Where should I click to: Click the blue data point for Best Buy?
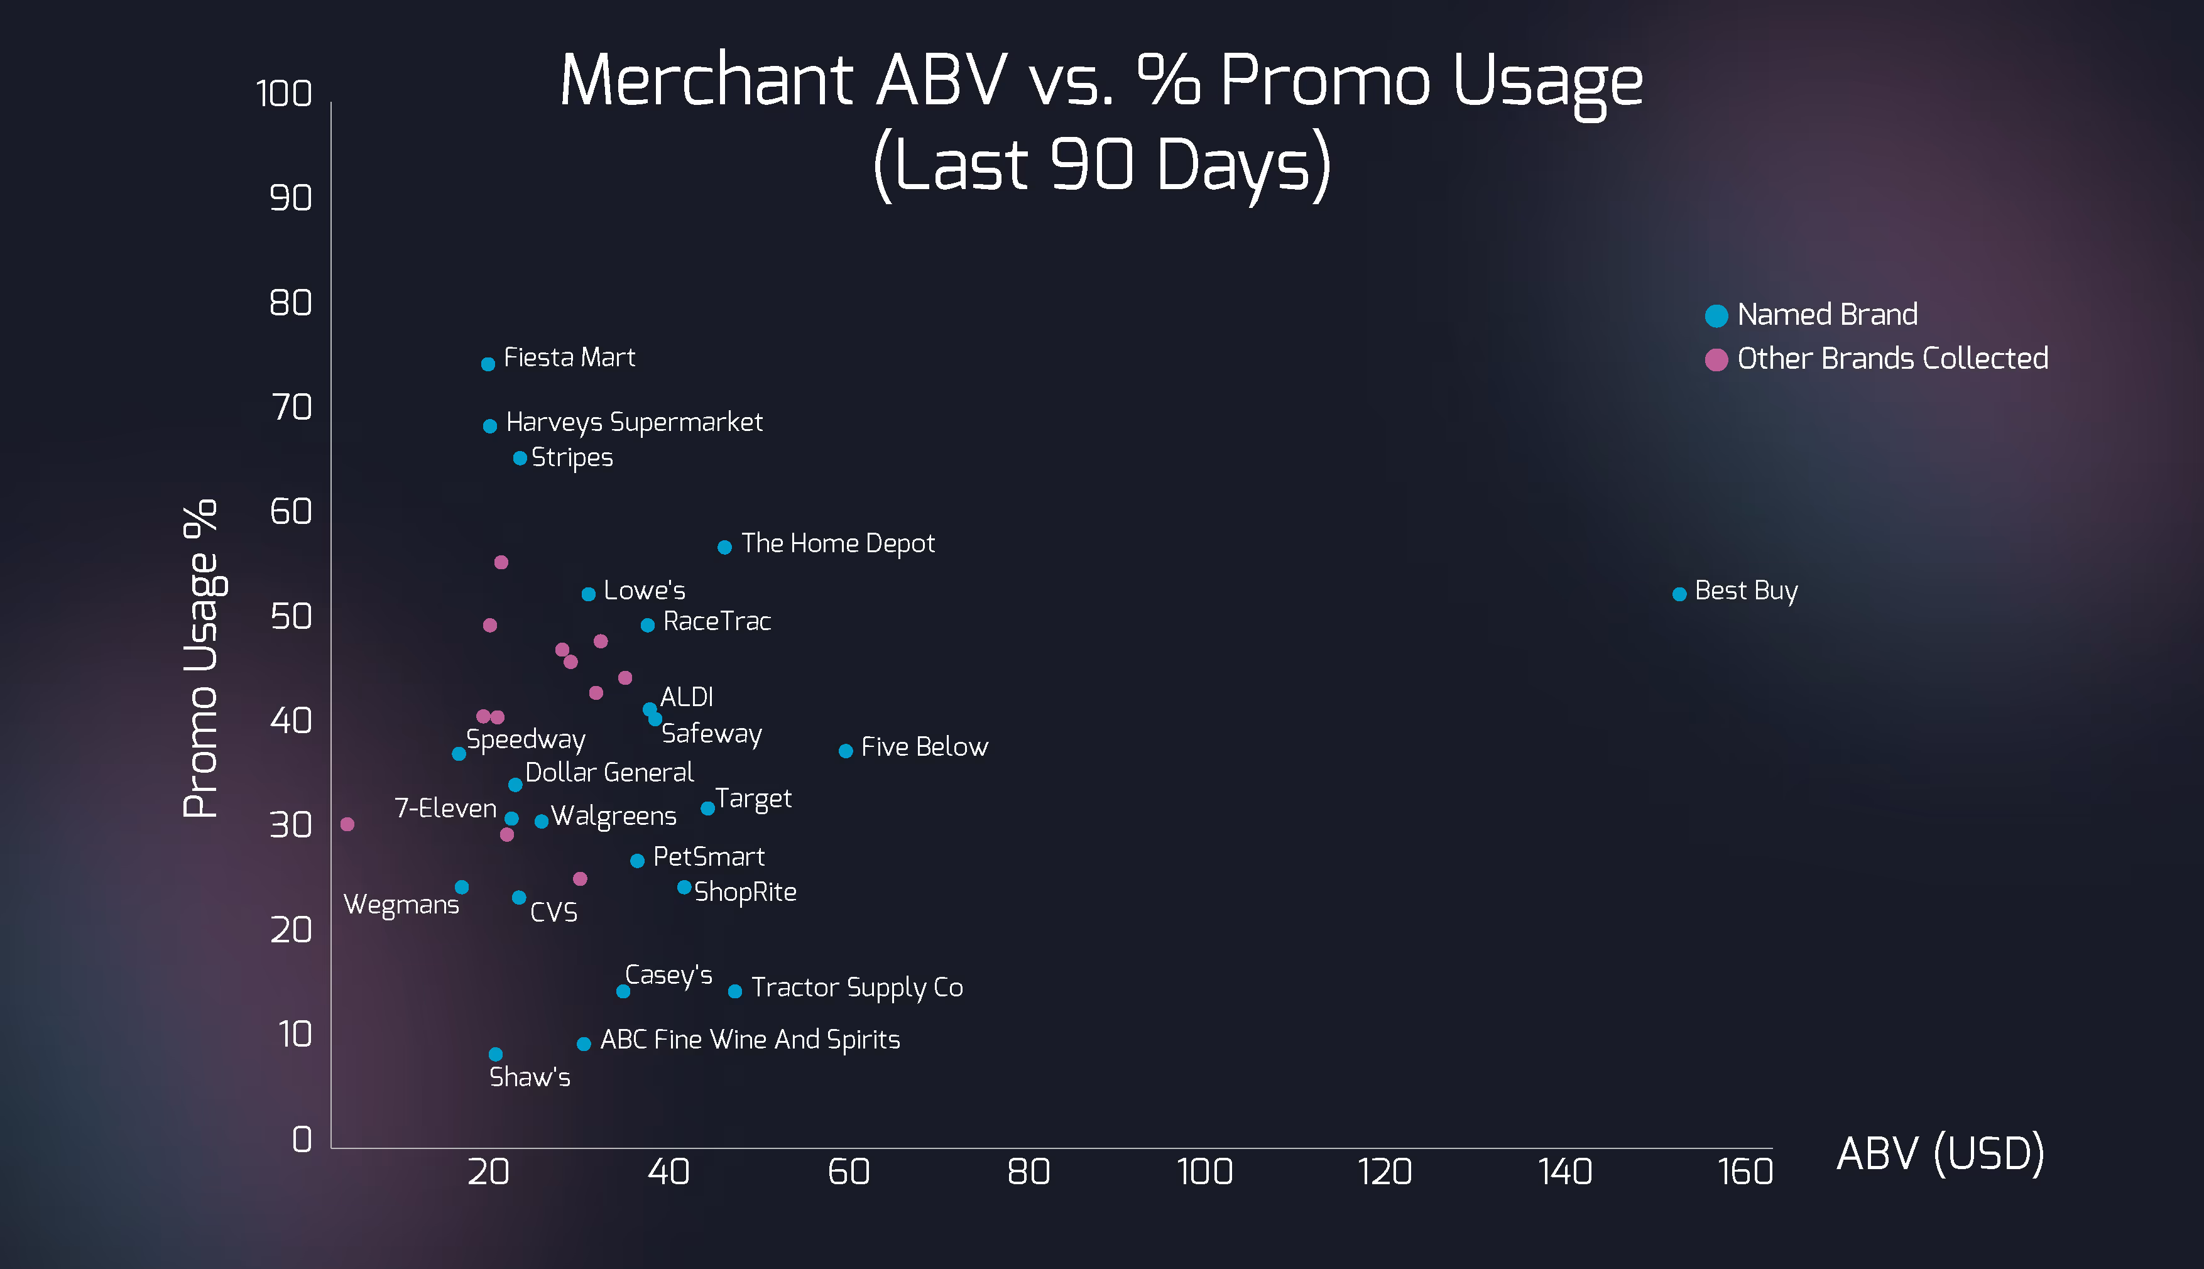[1679, 594]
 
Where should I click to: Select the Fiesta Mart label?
[569, 357]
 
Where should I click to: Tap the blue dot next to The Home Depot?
[724, 547]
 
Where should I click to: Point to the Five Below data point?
[845, 751]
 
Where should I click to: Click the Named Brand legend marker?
[1716, 315]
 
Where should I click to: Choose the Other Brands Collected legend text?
[1892, 358]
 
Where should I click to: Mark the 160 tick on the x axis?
[1745, 1172]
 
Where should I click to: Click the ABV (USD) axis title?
[1940, 1154]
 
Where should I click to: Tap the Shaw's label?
[530, 1077]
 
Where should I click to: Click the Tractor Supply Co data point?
[734, 991]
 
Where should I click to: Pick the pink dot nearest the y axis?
[347, 824]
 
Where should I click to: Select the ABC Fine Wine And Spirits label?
[750, 1040]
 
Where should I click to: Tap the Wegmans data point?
[462, 887]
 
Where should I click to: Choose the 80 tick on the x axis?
[1028, 1172]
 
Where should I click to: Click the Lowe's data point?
[588, 594]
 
